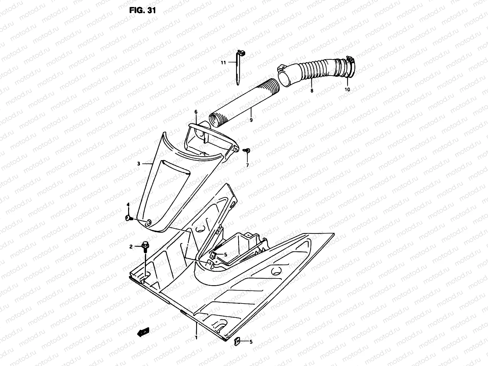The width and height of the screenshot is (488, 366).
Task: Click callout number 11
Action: pyautogui.click(x=223, y=63)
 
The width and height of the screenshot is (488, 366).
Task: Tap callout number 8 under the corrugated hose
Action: pyautogui.click(x=312, y=91)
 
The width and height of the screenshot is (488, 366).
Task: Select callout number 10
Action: pyautogui.click(x=347, y=90)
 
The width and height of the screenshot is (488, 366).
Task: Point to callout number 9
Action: pyautogui.click(x=251, y=120)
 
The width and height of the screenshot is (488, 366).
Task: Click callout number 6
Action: pyautogui.click(x=196, y=112)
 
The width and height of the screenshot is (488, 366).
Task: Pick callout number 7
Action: pyautogui.click(x=247, y=165)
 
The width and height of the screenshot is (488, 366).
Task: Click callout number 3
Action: pyautogui.click(x=138, y=164)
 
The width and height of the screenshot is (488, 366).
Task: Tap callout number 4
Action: pyautogui.click(x=128, y=204)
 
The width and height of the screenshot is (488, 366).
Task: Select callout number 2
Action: pyautogui.click(x=131, y=247)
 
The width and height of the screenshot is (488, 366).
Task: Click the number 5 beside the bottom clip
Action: pyautogui.click(x=251, y=342)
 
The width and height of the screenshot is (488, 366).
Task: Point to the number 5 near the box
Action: pyautogui.click(x=225, y=254)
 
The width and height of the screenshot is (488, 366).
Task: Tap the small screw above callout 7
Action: pyautogui.click(x=246, y=150)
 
